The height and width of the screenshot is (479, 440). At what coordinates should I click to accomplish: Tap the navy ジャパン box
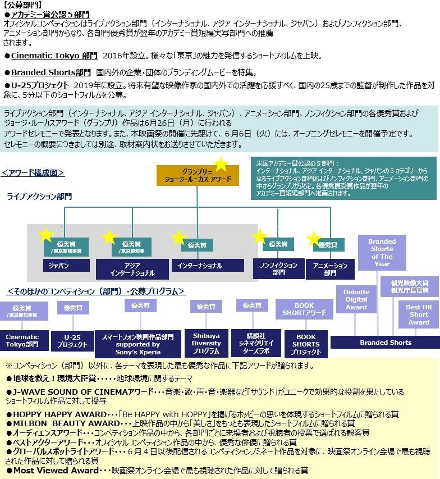pyautogui.click(x=66, y=265)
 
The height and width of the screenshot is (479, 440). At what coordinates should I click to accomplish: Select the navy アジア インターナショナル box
pyautogui.click(x=132, y=269)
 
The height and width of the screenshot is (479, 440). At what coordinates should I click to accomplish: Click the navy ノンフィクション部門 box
pyautogui.click(x=278, y=268)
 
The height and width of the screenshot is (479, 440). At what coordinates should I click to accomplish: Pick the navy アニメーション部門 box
pyautogui.click(x=330, y=269)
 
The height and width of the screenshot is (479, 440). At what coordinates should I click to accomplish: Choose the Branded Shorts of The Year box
pyautogui.click(x=382, y=253)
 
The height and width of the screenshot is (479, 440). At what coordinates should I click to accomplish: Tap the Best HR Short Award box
pyautogui.click(x=419, y=314)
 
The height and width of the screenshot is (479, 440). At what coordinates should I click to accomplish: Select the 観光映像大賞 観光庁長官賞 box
pyautogui.click(x=409, y=286)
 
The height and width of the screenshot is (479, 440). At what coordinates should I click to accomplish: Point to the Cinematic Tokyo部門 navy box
pyautogui.click(x=22, y=341)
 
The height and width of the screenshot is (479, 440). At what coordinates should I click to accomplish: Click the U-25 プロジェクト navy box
pyautogui.click(x=72, y=341)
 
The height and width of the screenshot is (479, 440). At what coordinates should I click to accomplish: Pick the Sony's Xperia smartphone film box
pyautogui.click(x=137, y=344)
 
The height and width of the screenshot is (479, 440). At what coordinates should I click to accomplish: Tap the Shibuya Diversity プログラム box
pyautogui.click(x=206, y=343)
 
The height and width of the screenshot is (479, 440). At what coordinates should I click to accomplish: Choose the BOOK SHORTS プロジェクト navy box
pyautogui.click(x=306, y=344)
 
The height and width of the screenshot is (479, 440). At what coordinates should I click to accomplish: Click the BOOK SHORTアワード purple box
pyautogui.click(x=304, y=309)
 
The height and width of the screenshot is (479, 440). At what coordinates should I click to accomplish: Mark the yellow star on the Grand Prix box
pyautogui.click(x=221, y=165)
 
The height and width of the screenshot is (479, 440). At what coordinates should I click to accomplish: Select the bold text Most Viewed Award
pyautogui.click(x=56, y=470)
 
